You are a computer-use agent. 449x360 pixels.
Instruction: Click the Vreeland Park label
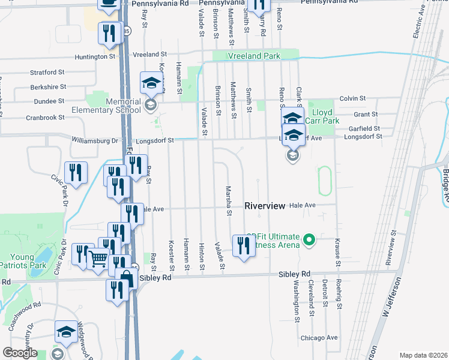[x=254, y=56]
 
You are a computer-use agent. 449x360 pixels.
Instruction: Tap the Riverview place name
[x=264, y=205]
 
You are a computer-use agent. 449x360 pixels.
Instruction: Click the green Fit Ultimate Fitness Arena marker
[x=309, y=241]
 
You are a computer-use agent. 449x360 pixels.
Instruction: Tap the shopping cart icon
[x=98, y=259]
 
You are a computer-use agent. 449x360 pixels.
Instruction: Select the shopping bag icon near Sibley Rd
[x=127, y=278]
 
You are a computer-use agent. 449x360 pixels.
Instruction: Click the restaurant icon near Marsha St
[x=243, y=245]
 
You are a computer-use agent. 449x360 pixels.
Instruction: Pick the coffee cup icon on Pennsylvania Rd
[x=109, y=4]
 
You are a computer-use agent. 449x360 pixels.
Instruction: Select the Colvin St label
[x=352, y=98]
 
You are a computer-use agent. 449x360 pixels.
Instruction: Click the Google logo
[x=20, y=353]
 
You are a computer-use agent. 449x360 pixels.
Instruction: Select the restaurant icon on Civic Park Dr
[x=76, y=172]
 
